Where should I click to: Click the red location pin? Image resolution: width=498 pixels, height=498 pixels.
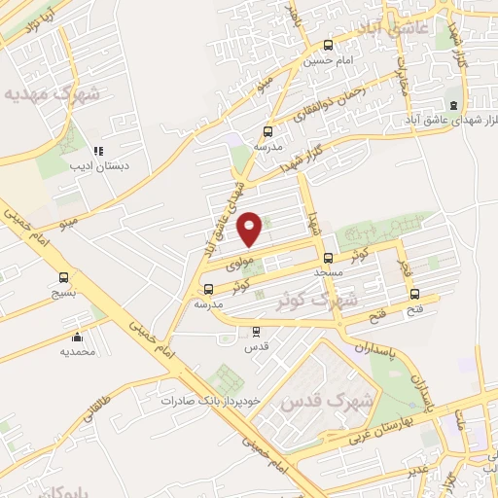(x=250, y=228)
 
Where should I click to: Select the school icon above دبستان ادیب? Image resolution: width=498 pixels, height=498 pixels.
(x=98, y=151)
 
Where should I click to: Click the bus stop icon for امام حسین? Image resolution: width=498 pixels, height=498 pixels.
(x=328, y=45)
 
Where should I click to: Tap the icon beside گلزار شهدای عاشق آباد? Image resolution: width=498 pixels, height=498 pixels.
(x=451, y=105)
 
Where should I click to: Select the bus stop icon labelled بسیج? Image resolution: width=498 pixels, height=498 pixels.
(x=64, y=276)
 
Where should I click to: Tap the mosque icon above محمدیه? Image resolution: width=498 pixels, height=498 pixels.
(x=77, y=337)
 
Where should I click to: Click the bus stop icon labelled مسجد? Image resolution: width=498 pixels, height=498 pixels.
(x=328, y=259)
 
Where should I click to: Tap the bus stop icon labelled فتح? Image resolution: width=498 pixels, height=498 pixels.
(x=415, y=294)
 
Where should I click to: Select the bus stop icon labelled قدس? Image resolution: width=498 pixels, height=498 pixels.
(x=255, y=331)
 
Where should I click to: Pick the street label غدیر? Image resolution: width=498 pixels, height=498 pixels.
(x=416, y=468)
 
